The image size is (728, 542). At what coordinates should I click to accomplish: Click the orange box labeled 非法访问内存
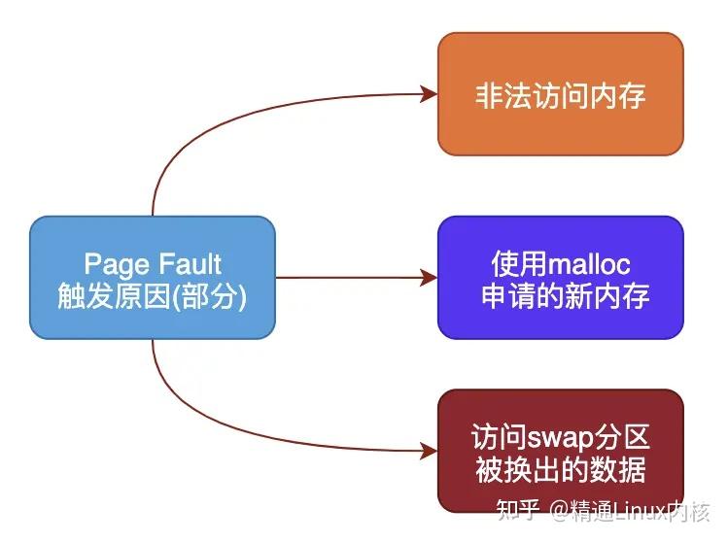click(560, 94)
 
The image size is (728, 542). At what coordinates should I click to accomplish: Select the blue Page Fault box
click(153, 278)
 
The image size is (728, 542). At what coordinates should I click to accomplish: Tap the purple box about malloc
click(560, 278)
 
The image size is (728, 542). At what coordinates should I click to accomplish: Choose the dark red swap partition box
click(560, 451)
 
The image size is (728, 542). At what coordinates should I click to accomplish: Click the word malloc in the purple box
click(589, 263)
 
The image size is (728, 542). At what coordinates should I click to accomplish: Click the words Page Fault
click(153, 263)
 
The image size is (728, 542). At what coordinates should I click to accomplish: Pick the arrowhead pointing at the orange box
click(429, 94)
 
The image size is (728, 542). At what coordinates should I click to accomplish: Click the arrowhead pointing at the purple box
click(429, 278)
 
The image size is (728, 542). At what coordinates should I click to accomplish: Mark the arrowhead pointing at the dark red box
click(429, 451)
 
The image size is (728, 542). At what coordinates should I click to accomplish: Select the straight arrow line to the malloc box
click(350, 278)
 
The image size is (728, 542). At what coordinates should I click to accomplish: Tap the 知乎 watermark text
click(517, 510)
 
